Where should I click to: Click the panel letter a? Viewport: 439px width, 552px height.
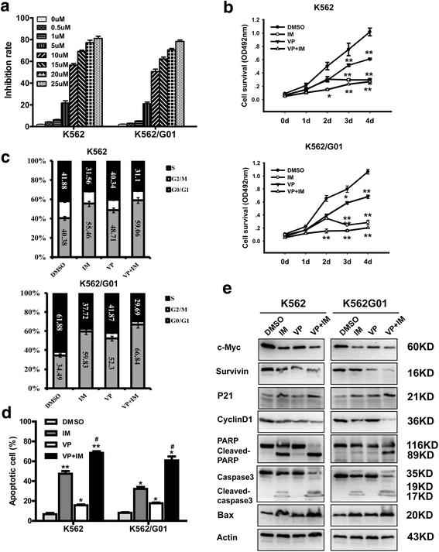(9, 9)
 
